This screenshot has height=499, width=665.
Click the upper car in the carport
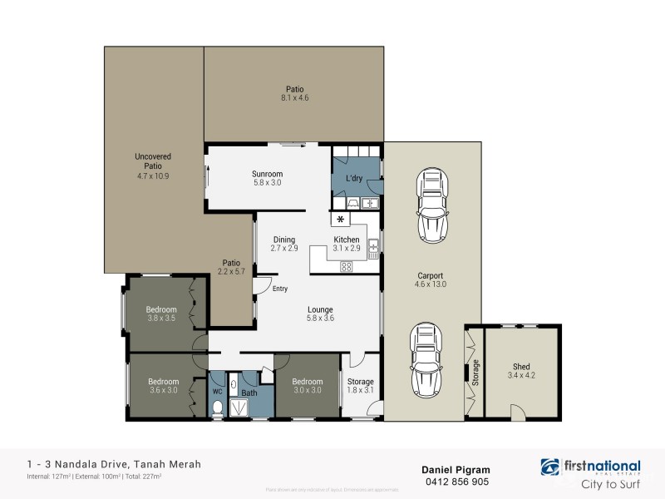click(x=431, y=202)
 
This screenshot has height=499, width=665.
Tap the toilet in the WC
click(x=218, y=408)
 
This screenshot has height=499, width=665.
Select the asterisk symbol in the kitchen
click(x=341, y=220)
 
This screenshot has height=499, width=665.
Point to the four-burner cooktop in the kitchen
click(x=347, y=266)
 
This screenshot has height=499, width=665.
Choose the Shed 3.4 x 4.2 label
click(x=521, y=371)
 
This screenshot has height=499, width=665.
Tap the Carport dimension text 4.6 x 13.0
click(x=431, y=284)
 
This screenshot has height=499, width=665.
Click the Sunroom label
click(x=268, y=174)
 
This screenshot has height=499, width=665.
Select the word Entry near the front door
click(x=280, y=289)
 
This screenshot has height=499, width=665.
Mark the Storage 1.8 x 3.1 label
click(x=361, y=386)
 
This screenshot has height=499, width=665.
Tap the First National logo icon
click(x=550, y=467)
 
